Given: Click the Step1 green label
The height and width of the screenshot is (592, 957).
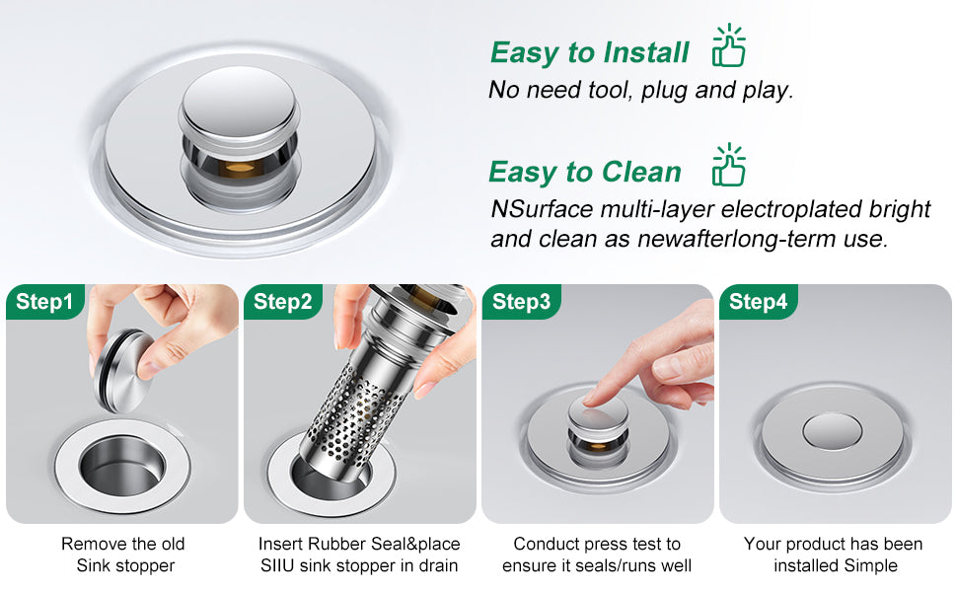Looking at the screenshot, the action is click(45, 302).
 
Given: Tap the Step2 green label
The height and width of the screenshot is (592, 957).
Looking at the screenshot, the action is click(282, 302).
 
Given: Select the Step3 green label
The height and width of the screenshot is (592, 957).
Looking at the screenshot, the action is click(521, 302).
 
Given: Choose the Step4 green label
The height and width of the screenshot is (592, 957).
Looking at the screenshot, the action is click(758, 302).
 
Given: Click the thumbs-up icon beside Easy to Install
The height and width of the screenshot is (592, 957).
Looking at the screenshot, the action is click(729, 45).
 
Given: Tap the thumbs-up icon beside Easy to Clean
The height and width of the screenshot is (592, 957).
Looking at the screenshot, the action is click(729, 166).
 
